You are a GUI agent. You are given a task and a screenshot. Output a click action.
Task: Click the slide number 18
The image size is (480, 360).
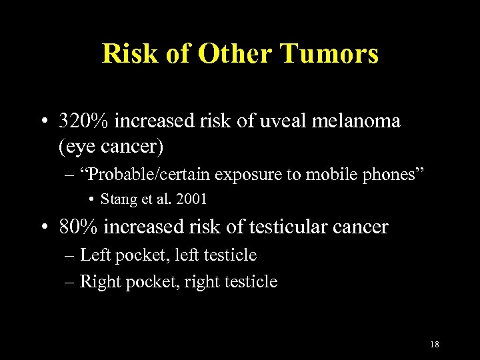(434, 345)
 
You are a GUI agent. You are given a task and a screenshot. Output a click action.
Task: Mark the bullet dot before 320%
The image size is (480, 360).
(43, 122)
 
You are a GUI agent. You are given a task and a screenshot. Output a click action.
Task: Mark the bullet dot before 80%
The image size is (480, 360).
(43, 228)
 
